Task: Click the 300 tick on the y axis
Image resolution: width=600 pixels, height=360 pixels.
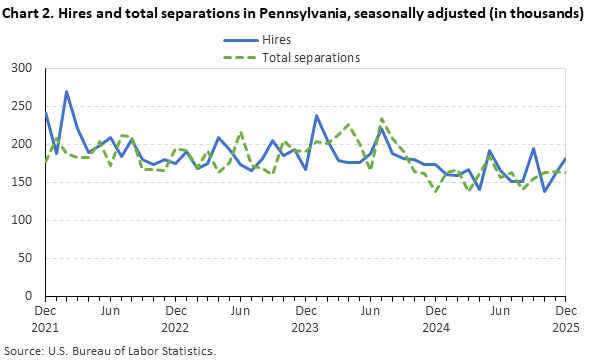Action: click(x=23, y=68)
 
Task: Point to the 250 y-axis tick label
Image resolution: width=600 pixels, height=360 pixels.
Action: click(x=23, y=106)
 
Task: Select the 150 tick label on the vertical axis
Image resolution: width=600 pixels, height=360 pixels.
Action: click(x=23, y=182)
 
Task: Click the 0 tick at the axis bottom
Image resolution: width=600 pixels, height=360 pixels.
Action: click(x=30, y=296)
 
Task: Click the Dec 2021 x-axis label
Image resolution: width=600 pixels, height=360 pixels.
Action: click(x=45, y=319)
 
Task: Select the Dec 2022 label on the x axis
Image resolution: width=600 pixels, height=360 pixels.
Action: click(x=175, y=319)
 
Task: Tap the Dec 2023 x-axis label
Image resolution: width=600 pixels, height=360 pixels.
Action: click(x=305, y=319)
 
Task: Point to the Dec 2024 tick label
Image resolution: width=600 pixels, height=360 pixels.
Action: click(x=435, y=319)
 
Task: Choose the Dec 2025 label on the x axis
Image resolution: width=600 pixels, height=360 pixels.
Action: click(x=565, y=319)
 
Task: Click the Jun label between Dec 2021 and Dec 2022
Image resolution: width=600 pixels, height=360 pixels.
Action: click(x=110, y=312)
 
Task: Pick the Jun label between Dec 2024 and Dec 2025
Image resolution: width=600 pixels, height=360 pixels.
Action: click(x=500, y=312)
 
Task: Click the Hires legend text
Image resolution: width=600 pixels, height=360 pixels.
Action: click(x=277, y=39)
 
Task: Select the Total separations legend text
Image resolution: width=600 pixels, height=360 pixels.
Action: click(x=311, y=57)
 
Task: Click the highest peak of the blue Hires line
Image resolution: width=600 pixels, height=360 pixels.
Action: click(x=67, y=92)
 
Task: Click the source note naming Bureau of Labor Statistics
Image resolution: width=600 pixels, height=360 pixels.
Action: click(x=110, y=350)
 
